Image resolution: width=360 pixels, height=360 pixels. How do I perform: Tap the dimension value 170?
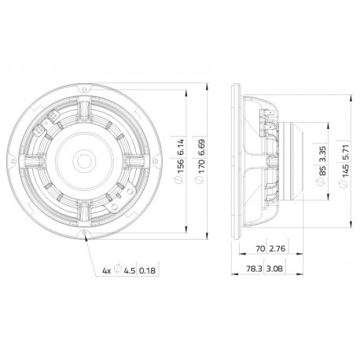(x=201, y=167)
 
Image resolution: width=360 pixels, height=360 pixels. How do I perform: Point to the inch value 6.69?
(x=201, y=148)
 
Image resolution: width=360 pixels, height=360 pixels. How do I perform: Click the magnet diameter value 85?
(x=322, y=171)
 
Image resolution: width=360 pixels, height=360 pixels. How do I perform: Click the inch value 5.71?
(x=346, y=150)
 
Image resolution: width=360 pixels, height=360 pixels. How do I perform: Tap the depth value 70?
(x=260, y=248)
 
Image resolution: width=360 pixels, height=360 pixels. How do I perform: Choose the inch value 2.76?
(x=277, y=248)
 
